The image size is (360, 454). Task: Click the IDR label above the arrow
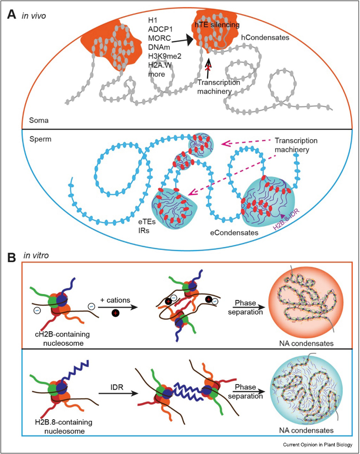click(110, 373)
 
